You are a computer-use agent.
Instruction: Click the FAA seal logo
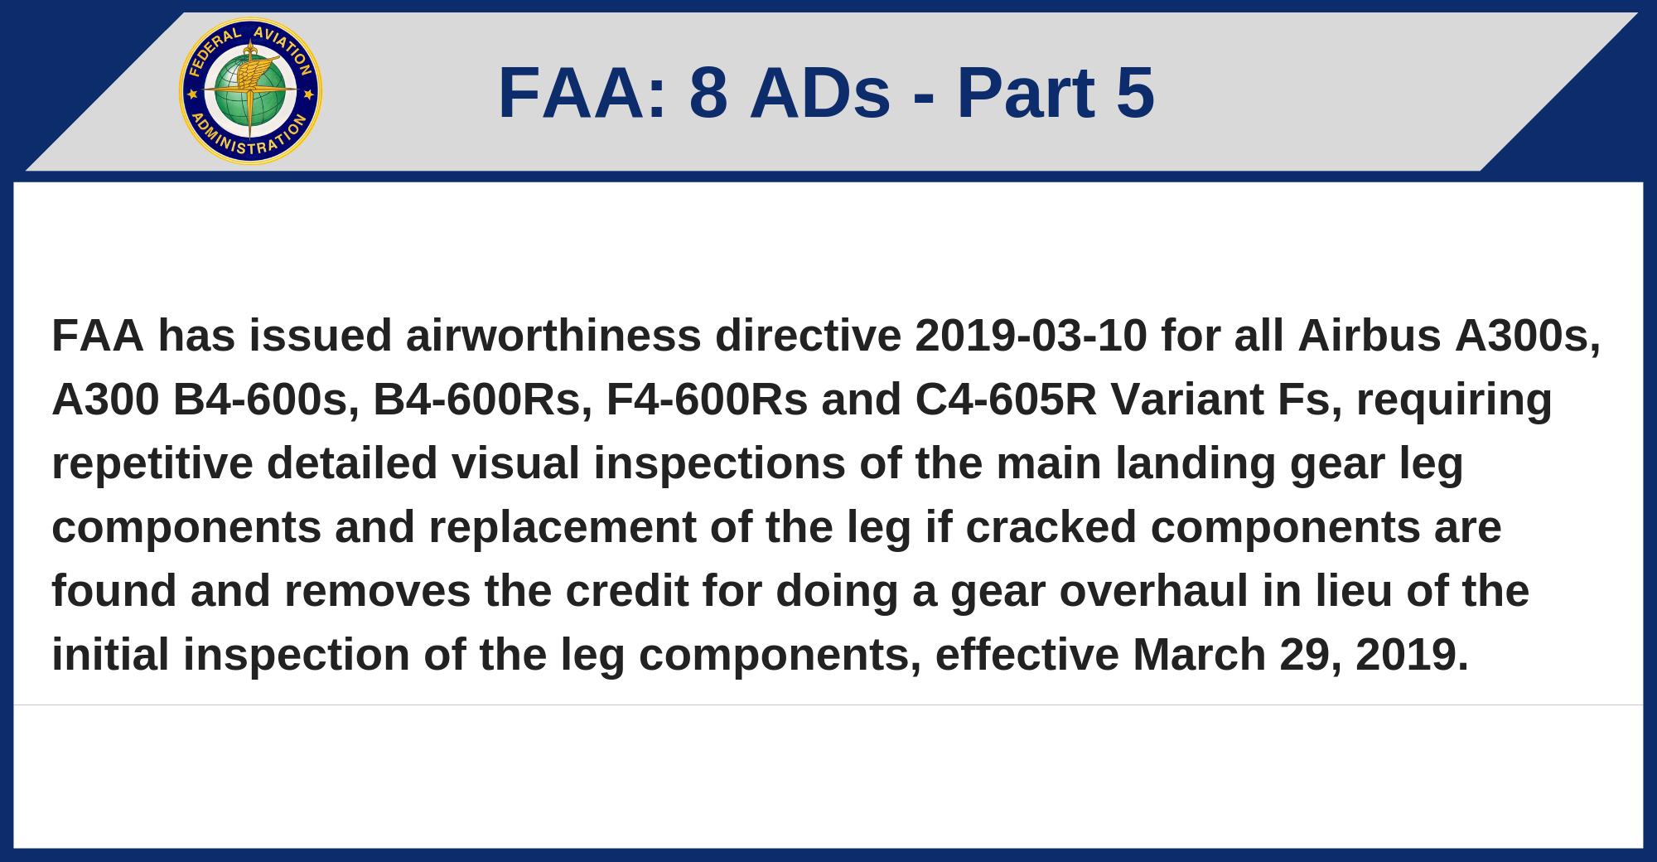click(250, 91)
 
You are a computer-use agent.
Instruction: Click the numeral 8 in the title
click(708, 93)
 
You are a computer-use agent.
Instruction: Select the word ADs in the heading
click(820, 93)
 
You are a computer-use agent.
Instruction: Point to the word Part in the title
click(1026, 93)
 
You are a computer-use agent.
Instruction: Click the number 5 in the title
click(1135, 93)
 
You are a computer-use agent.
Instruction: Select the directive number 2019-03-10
click(1031, 336)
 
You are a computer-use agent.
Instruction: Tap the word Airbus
click(1370, 336)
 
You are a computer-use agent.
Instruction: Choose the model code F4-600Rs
click(707, 400)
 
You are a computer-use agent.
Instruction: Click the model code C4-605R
click(1006, 400)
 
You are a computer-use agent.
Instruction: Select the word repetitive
click(152, 463)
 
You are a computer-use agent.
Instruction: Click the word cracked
click(1051, 527)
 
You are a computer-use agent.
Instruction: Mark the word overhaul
click(1154, 591)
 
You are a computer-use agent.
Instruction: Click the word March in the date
click(1199, 655)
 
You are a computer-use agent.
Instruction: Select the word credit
click(627, 591)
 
